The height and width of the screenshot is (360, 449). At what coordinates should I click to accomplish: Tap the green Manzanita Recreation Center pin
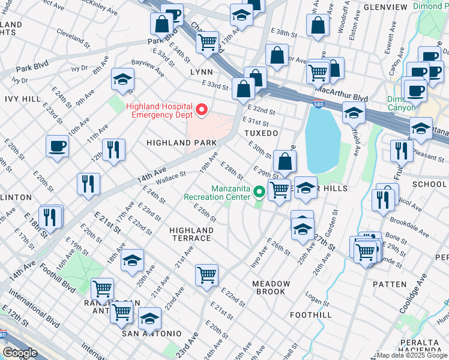[259, 192]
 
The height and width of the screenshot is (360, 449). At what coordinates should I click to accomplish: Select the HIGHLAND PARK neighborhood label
[182, 143]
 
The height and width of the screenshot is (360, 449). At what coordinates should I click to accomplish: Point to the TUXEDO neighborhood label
[261, 133]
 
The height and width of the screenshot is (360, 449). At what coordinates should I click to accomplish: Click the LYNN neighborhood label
[201, 71]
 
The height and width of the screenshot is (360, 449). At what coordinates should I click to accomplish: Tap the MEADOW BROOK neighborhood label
[271, 287]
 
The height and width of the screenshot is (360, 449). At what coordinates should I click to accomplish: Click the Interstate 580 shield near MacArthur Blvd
[318, 105]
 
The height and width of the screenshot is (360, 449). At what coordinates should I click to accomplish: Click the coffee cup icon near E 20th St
[58, 146]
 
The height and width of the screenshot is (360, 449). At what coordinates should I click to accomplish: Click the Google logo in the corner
[20, 353]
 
